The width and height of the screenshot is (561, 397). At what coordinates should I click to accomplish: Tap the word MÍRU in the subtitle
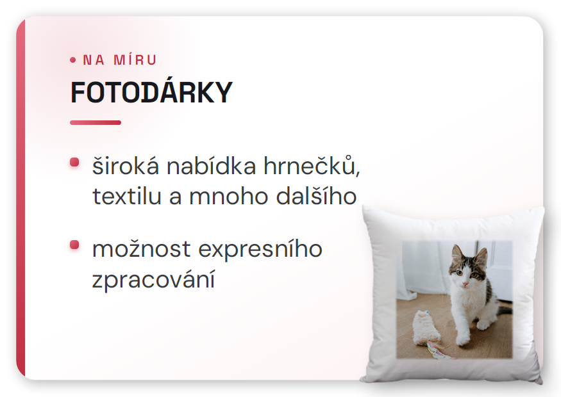tap(135, 60)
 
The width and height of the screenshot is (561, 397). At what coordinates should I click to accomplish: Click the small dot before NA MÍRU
tap(73, 60)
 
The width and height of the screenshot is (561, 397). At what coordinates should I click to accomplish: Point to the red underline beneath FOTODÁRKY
tap(96, 122)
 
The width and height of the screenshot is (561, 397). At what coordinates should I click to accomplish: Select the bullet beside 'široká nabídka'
tap(74, 162)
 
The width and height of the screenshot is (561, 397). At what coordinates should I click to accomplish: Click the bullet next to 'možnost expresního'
tap(74, 245)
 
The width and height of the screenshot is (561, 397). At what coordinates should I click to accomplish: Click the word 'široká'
tap(126, 166)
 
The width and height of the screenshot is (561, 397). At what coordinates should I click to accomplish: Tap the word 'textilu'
tap(127, 196)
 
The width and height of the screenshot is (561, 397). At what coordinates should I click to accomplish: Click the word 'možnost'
tap(141, 249)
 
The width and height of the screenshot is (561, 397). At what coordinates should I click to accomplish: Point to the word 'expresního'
tap(260, 250)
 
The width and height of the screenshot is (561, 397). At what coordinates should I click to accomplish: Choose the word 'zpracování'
tap(153, 280)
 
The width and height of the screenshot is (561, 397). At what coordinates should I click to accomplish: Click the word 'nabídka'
tap(212, 165)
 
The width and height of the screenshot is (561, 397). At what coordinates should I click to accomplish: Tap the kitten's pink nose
tap(465, 284)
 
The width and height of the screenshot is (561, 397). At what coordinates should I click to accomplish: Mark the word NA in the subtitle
tap(94, 60)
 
